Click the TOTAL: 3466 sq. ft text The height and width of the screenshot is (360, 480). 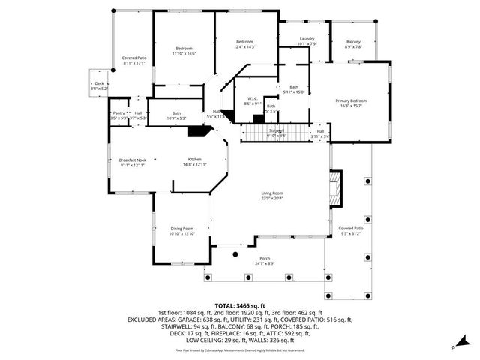point(240,306)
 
